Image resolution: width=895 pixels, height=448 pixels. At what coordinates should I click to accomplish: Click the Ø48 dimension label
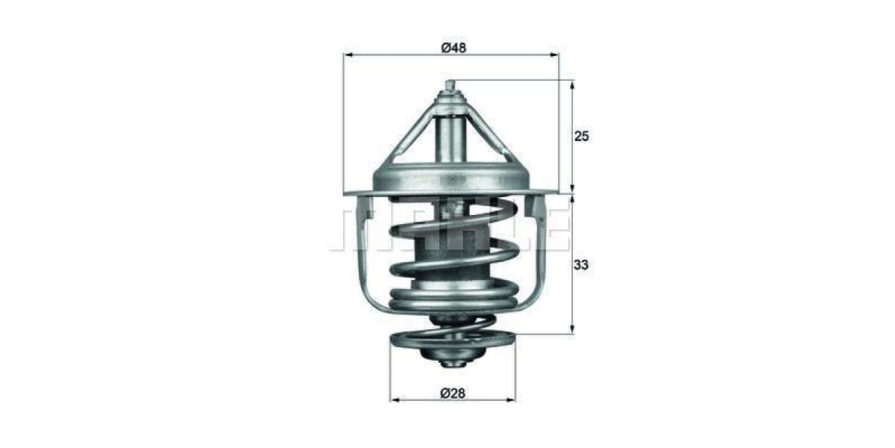pyautogui.click(x=453, y=48)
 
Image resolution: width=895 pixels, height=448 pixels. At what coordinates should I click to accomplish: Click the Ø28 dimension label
pyautogui.click(x=453, y=393)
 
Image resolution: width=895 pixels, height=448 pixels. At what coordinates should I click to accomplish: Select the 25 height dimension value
pyautogui.click(x=582, y=136)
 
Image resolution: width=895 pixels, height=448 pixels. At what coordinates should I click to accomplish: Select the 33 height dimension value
pyautogui.click(x=582, y=264)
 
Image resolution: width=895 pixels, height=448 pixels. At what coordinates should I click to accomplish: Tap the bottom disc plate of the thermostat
pyautogui.click(x=451, y=342)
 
